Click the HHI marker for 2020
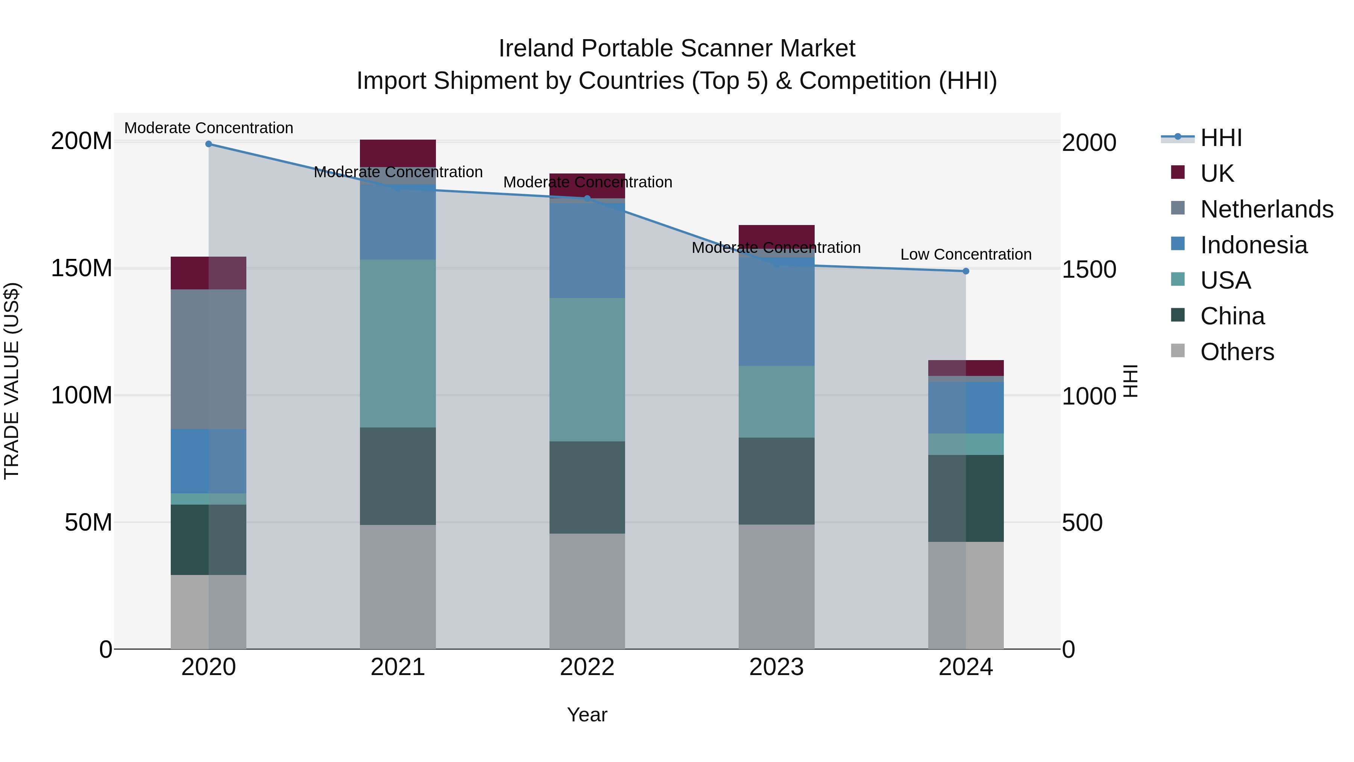click(x=209, y=144)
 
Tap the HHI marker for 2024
click(x=965, y=271)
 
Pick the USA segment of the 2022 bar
click(x=587, y=369)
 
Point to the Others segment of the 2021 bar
click(x=398, y=586)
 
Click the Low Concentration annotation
click(x=965, y=254)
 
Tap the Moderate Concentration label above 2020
click(x=209, y=128)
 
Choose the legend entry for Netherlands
click(x=1267, y=209)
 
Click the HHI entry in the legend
click(x=1221, y=138)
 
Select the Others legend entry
click(x=1237, y=352)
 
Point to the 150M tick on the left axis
click(x=82, y=268)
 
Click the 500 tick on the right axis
click(x=1082, y=523)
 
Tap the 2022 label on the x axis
click(x=587, y=667)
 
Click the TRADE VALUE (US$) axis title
click(x=12, y=381)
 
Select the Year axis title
click(x=587, y=715)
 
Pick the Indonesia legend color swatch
click(x=1178, y=244)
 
